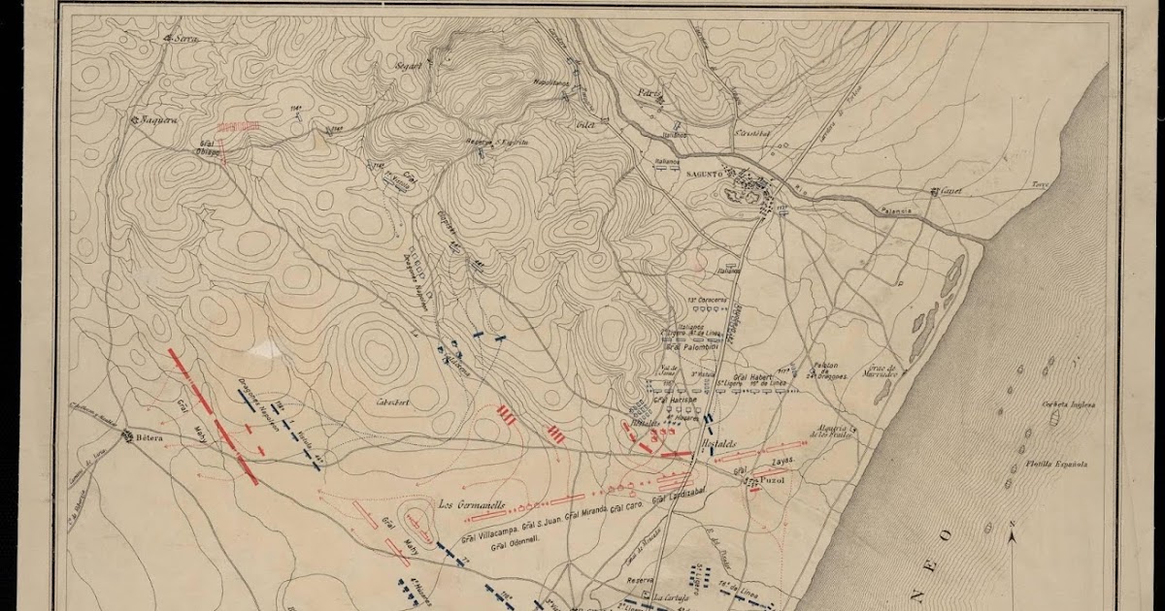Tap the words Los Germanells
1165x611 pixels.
click(x=474, y=504)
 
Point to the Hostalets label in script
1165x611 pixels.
click(x=719, y=444)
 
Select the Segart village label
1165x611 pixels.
click(x=409, y=66)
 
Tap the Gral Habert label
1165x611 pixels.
click(x=752, y=377)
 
